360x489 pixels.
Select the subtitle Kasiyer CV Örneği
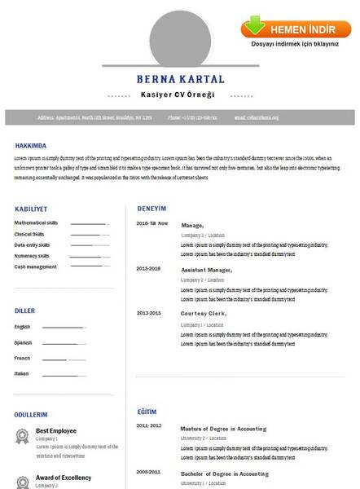[x=178, y=95]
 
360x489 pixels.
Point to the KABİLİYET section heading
[x=32, y=208]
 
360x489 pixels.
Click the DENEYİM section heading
[x=151, y=208]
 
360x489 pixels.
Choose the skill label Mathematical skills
[x=36, y=222]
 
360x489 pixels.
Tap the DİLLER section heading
[x=25, y=311]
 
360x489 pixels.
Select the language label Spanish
[x=23, y=342]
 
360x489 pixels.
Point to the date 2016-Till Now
[x=152, y=223]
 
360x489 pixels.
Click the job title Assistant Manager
[x=206, y=269]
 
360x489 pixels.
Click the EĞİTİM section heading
[x=147, y=412]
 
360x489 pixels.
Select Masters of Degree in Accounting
[x=223, y=428]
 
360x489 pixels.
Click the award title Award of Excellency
[x=64, y=478]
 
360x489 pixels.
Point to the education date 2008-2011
[x=149, y=473]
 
